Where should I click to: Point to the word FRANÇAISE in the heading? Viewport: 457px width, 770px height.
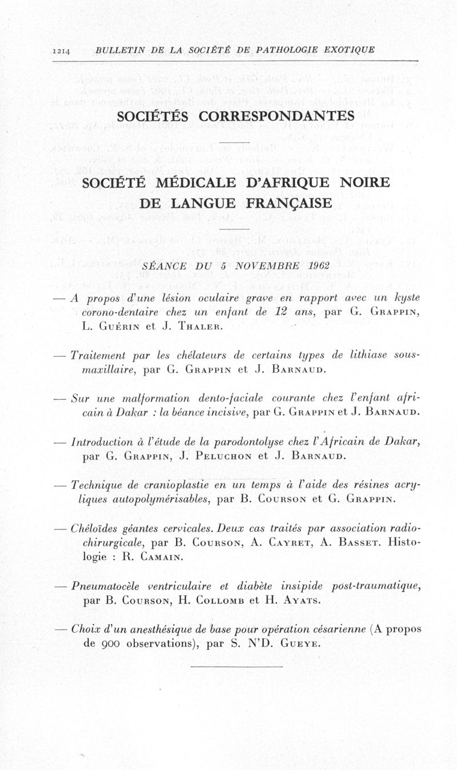(x=290, y=204)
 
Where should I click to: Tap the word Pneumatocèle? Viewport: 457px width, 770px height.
(x=104, y=585)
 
